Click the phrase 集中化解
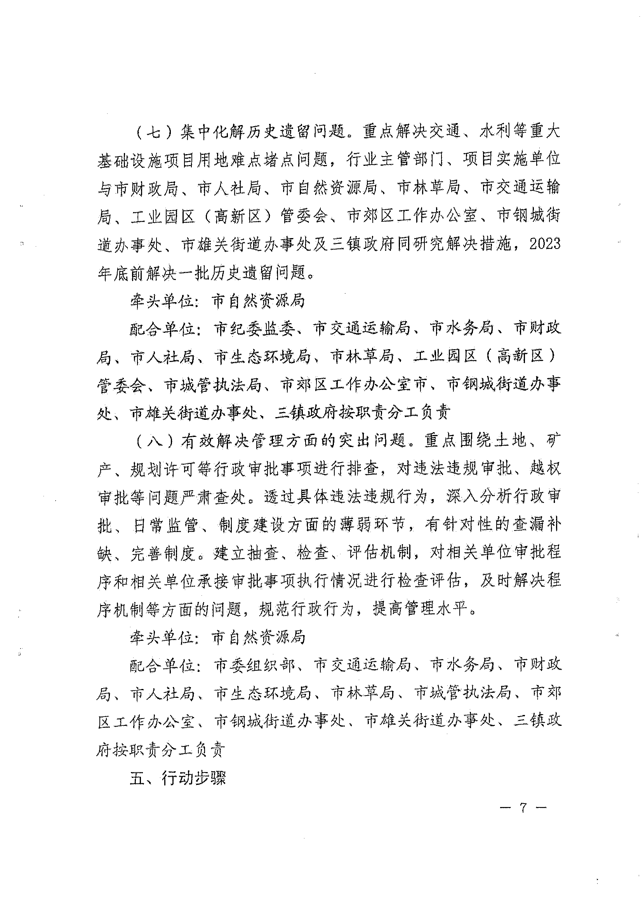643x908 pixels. tap(213, 132)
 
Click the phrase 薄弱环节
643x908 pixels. tap(373, 525)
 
